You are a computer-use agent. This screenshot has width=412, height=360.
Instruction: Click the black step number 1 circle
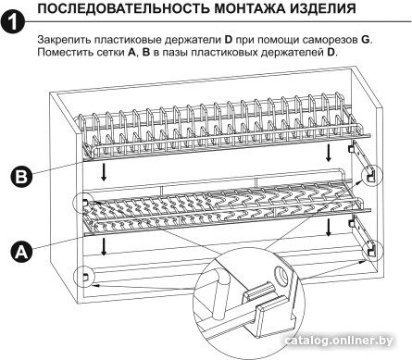[x=13, y=21]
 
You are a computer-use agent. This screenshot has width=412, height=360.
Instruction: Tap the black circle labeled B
[x=21, y=177]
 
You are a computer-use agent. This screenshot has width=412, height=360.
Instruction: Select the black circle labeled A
[x=21, y=252]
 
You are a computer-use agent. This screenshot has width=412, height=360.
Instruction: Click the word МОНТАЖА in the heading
[x=249, y=8]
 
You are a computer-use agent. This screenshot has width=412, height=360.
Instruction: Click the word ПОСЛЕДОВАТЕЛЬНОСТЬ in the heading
[x=123, y=8]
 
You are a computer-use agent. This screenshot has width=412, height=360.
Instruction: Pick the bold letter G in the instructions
[x=365, y=40]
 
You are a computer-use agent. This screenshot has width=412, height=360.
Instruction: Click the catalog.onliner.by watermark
[x=339, y=341]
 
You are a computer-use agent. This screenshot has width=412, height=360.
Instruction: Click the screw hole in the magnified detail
[x=281, y=273]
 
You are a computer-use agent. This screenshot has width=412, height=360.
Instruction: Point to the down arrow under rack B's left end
[x=104, y=172]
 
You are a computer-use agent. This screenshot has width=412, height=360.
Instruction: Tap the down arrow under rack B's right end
[x=329, y=153]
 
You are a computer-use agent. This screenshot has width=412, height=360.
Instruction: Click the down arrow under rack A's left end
[x=104, y=246]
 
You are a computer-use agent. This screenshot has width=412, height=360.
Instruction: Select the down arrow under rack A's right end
[x=329, y=228]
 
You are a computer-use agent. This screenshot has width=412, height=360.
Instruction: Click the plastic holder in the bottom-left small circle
[x=85, y=277]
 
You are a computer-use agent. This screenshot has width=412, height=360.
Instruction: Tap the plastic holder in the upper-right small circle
[x=369, y=176]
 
